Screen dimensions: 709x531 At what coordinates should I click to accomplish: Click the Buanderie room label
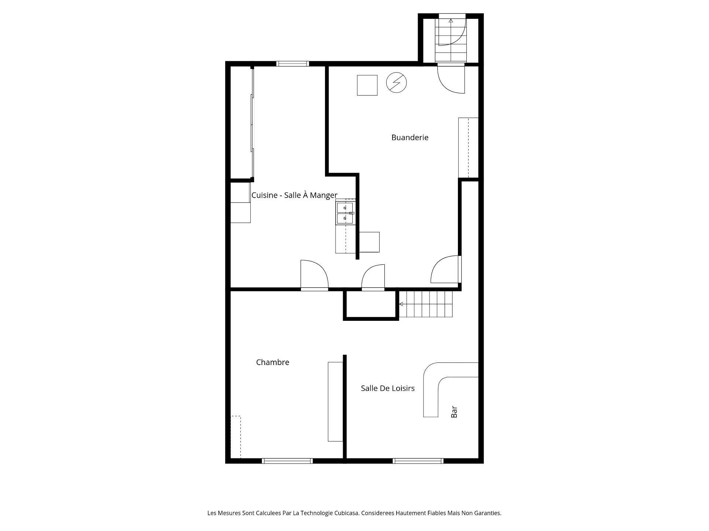click(410, 138)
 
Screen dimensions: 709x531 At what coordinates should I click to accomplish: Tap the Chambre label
click(273, 362)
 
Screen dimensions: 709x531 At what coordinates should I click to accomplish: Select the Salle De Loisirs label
click(388, 388)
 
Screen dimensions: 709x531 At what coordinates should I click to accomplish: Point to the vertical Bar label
click(454, 412)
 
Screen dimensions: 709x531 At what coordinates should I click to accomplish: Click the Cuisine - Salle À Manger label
click(294, 195)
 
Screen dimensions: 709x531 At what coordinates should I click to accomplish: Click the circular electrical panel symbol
click(396, 83)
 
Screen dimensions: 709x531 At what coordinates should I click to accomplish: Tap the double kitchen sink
click(345, 213)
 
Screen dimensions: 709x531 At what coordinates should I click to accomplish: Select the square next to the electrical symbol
click(367, 85)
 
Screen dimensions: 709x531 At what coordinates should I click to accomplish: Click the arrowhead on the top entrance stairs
click(451, 21)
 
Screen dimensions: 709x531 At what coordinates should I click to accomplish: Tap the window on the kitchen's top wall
click(292, 64)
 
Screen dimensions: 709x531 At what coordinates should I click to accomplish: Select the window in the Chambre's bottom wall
click(287, 461)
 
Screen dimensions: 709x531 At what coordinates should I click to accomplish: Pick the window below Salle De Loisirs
click(418, 461)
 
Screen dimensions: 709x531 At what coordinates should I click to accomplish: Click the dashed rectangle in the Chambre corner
click(236, 437)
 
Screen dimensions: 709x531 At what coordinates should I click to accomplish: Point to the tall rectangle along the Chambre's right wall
click(335, 402)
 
